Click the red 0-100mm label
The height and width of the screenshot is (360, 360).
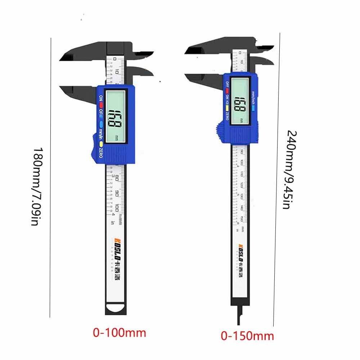click(120, 333)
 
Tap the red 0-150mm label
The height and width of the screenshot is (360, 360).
click(247, 336)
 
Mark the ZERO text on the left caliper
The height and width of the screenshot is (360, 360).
click(101, 153)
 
